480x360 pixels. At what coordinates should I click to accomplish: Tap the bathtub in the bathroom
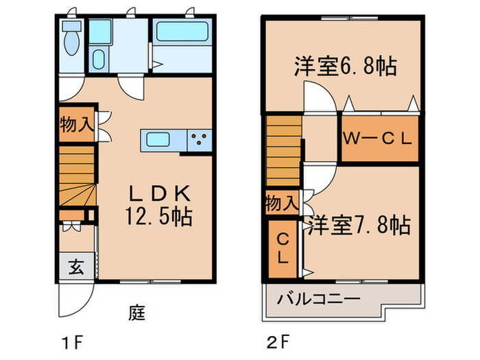coord(180,32)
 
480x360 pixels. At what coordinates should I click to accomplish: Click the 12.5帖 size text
coord(158,217)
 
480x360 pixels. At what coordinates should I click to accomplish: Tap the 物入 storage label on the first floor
coord(75,125)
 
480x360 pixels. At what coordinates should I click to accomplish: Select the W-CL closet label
coord(379,138)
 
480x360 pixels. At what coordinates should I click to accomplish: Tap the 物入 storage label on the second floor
coord(282,203)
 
